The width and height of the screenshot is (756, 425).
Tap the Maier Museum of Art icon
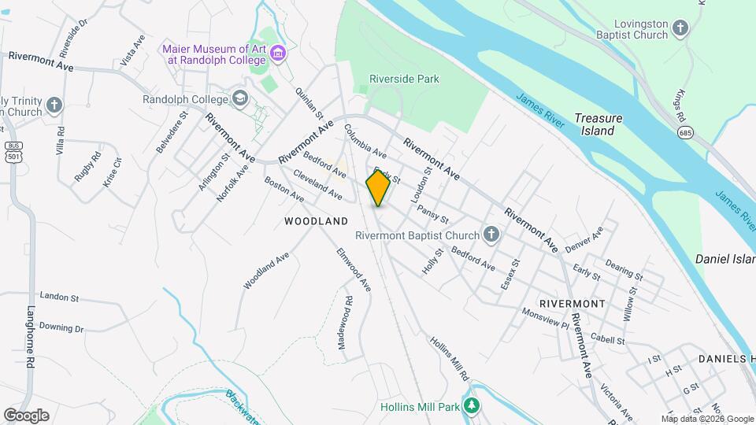coord(277,54)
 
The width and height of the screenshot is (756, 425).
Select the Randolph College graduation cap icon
coord(240,99)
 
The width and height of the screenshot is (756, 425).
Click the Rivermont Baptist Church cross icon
coord(491,235)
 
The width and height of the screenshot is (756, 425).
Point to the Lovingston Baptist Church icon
coord(681,30)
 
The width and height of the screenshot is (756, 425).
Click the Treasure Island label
coord(598,124)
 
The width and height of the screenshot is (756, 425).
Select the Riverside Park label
coord(405,79)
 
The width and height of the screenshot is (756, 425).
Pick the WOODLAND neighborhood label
coord(316,222)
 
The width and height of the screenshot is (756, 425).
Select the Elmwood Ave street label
coord(354,271)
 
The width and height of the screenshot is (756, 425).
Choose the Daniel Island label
coord(724,259)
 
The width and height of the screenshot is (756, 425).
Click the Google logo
coord(26,416)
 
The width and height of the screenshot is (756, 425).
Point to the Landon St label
coord(59,298)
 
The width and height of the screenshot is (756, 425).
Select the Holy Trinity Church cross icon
coord(54,105)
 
